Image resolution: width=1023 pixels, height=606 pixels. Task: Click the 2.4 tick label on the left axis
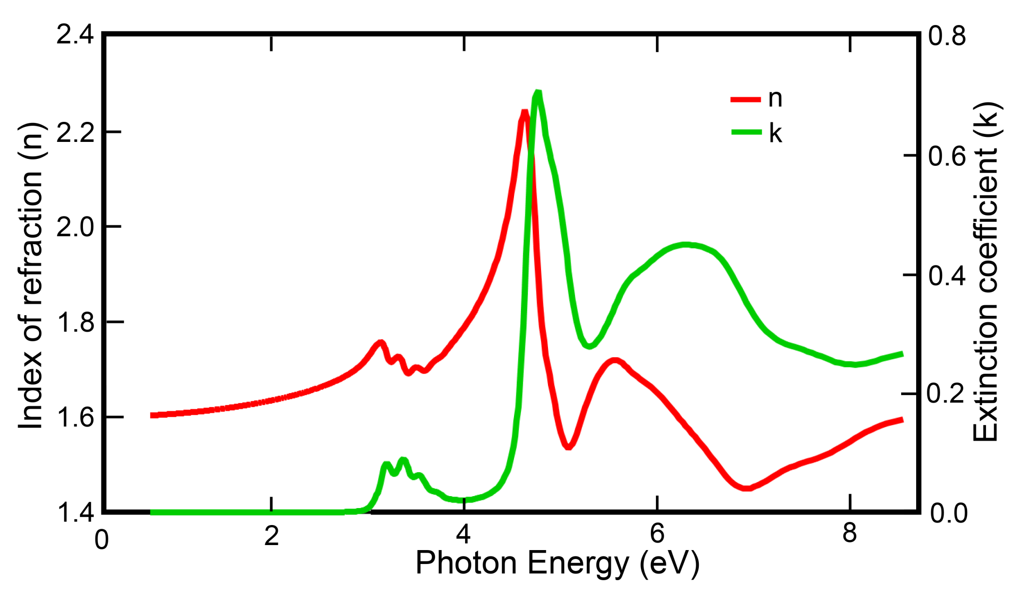tap(74, 35)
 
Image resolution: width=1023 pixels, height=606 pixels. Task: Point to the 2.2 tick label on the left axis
tap(74, 132)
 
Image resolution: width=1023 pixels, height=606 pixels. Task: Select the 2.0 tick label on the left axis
tap(74, 227)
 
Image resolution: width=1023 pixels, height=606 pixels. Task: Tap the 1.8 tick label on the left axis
tap(75, 322)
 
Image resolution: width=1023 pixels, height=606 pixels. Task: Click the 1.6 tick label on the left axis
tap(75, 418)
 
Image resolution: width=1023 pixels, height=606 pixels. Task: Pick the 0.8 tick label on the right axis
tap(947, 36)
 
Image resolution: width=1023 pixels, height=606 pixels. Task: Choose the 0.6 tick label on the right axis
tap(947, 156)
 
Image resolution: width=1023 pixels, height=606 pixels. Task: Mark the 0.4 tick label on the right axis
tap(947, 276)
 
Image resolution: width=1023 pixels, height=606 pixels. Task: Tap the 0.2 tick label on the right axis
tap(946, 394)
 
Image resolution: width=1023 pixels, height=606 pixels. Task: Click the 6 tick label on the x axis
tap(657, 534)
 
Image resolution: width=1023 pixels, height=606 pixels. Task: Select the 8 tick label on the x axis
tap(850, 534)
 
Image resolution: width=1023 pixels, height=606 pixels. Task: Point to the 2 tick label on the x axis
tap(271, 536)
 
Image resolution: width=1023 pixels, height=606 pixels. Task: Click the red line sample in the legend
tap(745, 99)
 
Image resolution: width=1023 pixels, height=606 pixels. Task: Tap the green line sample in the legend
tap(746, 132)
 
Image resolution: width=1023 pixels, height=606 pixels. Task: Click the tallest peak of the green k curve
tap(537, 92)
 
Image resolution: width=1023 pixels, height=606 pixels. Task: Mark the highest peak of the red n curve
tap(524, 112)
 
